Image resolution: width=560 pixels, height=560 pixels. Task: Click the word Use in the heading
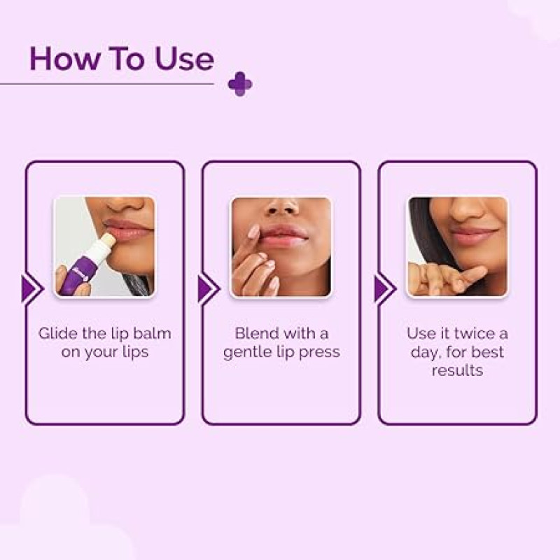tap(184, 58)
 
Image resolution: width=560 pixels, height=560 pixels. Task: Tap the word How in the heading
tap(64, 58)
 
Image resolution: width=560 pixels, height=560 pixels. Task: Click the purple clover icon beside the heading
tap(240, 84)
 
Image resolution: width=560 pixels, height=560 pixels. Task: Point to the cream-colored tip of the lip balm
tap(109, 239)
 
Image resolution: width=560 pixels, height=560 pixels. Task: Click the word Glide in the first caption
tap(58, 334)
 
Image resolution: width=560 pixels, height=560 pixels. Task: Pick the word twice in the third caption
tap(475, 333)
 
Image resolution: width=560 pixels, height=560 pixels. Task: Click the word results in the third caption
tap(458, 370)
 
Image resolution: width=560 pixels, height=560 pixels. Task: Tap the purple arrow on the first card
tap(32, 288)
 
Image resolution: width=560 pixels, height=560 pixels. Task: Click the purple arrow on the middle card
tap(209, 288)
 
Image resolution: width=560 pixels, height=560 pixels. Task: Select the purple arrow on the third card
tap(385, 288)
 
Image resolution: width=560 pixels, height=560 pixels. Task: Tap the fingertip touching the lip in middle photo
tap(254, 232)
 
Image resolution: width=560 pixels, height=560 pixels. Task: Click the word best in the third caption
tap(487, 352)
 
